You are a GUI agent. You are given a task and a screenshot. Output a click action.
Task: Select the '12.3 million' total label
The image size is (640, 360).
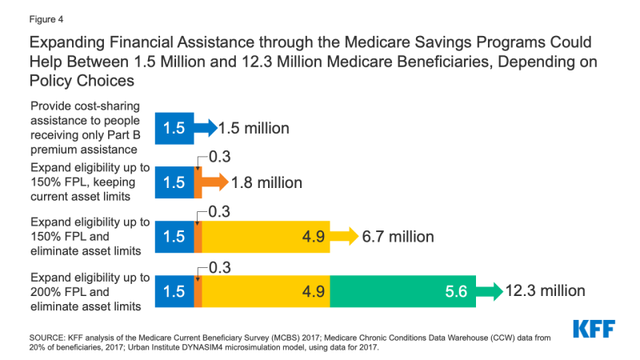coord(545,290)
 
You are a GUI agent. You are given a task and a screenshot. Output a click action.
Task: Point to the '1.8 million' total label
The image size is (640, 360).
coord(266,182)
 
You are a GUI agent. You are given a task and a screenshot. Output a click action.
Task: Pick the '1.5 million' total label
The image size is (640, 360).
coord(253,128)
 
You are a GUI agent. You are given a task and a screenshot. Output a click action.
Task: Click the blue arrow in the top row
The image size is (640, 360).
coord(206,128)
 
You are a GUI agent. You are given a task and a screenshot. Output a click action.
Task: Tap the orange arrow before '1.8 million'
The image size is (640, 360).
coord(214,182)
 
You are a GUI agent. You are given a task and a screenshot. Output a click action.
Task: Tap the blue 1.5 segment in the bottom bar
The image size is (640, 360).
coord(174,291)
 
